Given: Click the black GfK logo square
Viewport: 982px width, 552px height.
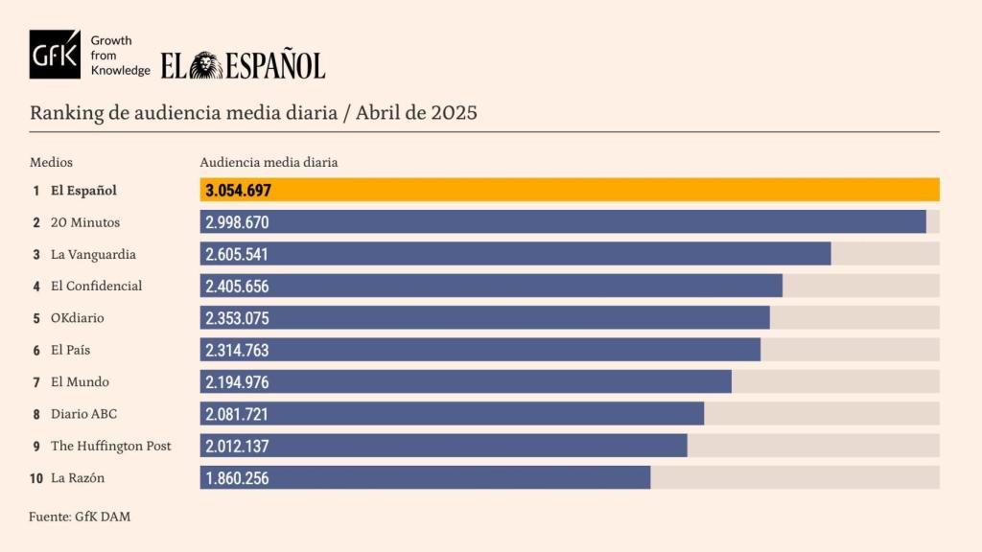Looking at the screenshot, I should (x=55, y=55).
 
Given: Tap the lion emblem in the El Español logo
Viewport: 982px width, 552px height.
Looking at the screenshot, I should (x=205, y=65).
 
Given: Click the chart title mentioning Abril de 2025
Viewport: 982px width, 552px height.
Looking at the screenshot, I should (x=253, y=112).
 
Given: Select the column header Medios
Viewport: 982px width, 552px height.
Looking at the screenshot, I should (x=51, y=162).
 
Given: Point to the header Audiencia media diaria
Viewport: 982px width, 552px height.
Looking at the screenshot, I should (x=269, y=162).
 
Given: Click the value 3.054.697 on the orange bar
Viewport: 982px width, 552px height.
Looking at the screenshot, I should (x=238, y=190).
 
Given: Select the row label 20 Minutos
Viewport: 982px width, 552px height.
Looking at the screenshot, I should (x=85, y=222).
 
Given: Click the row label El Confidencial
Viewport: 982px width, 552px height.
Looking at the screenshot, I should (x=96, y=286).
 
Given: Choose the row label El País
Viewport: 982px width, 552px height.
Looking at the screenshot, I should (x=71, y=350).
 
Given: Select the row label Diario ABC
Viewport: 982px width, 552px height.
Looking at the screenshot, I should (x=83, y=414).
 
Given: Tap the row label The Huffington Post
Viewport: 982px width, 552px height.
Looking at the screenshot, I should (x=110, y=446).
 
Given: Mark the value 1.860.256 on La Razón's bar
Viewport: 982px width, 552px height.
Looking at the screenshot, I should (x=237, y=478).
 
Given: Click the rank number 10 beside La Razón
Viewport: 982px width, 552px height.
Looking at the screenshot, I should (x=36, y=478).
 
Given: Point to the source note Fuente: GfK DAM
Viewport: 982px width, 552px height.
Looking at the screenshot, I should (x=80, y=517).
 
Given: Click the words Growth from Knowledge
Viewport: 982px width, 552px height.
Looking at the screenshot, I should (x=119, y=55).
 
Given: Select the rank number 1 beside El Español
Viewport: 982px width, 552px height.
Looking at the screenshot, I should (x=36, y=190).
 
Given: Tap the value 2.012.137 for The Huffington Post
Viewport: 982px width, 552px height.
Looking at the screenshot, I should (x=237, y=446).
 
